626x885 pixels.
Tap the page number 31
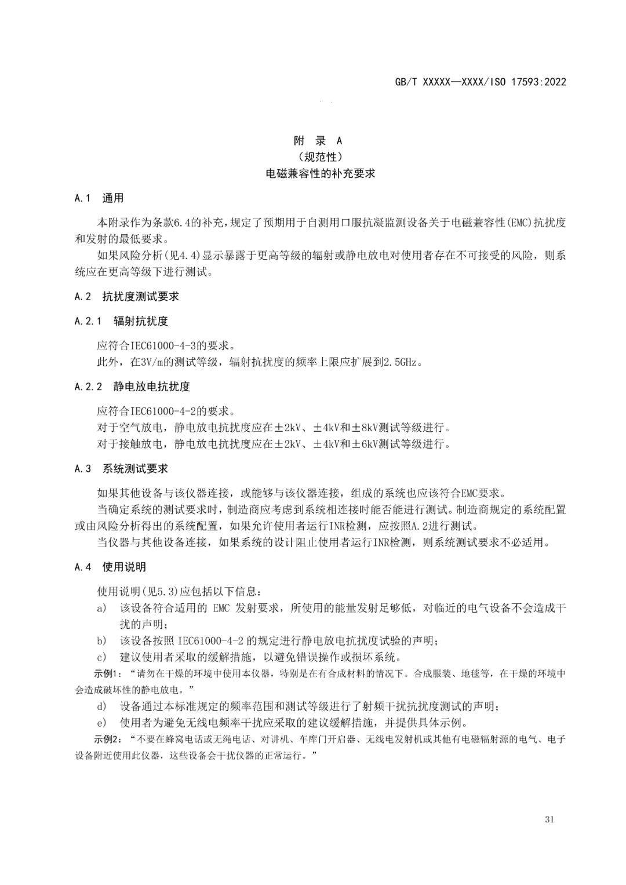click(550, 819)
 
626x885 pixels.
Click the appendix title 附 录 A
click(318, 140)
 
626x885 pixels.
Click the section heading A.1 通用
click(99, 198)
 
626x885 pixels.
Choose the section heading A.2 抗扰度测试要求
click(127, 296)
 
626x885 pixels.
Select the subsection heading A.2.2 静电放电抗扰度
click(132, 387)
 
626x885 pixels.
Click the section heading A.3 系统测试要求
click(121, 468)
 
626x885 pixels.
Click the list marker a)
click(101, 608)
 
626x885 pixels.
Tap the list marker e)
click(101, 723)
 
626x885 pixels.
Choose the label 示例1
click(106, 673)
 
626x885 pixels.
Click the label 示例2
click(106, 740)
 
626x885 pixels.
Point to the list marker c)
click(101, 657)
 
